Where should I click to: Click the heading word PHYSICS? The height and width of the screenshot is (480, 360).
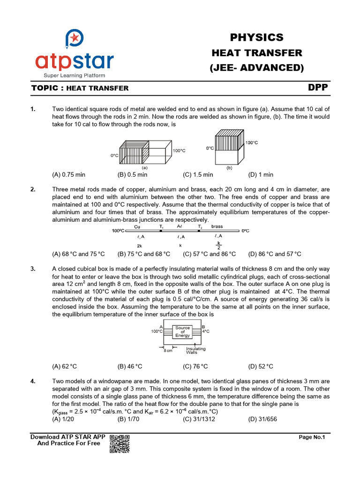256,37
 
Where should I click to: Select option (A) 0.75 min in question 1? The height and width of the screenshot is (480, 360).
68,174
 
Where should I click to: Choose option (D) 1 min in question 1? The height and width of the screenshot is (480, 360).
261,174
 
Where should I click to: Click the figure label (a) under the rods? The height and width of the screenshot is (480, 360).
145,167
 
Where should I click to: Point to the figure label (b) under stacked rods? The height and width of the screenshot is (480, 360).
230,167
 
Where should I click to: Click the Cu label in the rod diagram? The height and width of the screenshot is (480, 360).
137,226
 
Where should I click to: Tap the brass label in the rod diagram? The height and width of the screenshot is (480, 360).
217,226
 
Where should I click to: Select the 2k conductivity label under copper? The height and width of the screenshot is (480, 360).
139,245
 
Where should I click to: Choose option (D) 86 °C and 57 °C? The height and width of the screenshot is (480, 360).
275,254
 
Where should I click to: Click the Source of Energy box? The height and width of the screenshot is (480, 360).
182,331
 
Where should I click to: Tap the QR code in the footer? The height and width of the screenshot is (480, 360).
119,443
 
